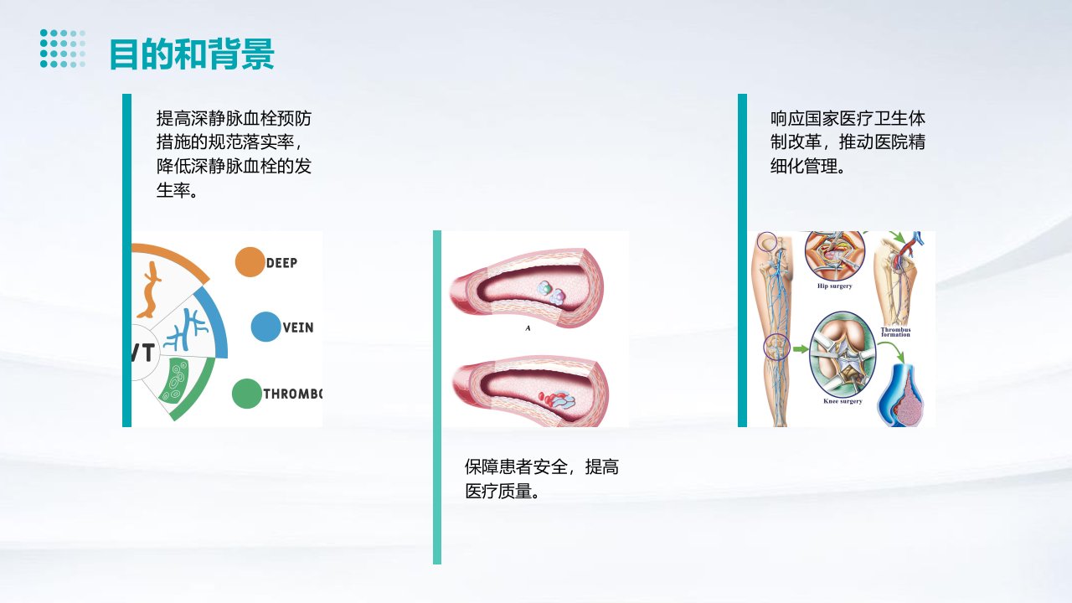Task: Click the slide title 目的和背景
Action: click(192, 54)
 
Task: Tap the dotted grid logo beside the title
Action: click(63, 49)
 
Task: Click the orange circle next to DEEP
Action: click(250, 262)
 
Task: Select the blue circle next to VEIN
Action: click(265, 327)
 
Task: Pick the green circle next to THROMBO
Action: click(247, 394)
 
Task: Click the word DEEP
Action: click(281, 263)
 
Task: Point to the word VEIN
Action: click(297, 327)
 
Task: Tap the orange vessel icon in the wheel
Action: click(149, 290)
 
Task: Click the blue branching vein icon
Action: click(186, 330)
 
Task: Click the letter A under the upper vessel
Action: click(528, 328)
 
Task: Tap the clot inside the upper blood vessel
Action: click(551, 292)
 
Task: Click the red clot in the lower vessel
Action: click(557, 399)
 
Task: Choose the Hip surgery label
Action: click(835, 286)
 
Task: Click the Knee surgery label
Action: click(843, 401)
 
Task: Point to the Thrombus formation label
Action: click(896, 332)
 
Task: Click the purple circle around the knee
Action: click(776, 347)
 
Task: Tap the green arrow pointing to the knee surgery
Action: click(801, 349)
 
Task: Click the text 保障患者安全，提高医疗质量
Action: click(542, 478)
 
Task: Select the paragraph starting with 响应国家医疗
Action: click(848, 142)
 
